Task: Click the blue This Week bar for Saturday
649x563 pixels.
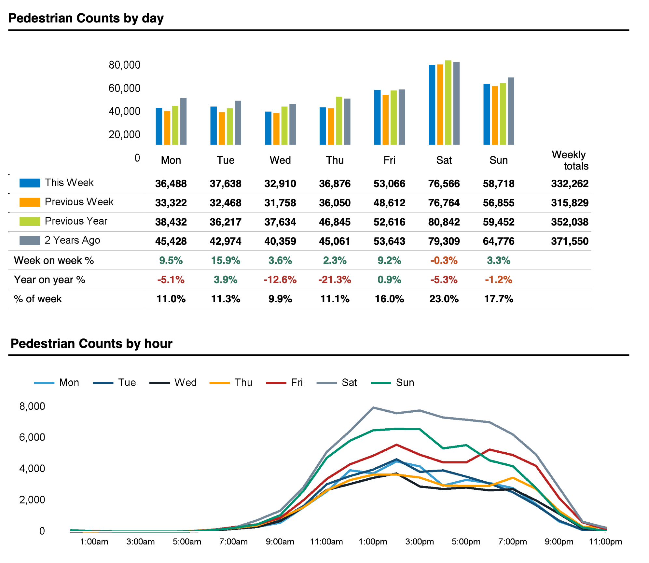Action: coord(432,105)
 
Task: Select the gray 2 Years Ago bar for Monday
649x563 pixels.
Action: coord(183,121)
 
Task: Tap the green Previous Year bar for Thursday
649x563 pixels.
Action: coord(339,121)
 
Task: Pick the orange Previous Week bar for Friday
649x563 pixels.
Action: coord(385,120)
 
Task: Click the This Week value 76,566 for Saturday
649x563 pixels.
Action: coord(444,184)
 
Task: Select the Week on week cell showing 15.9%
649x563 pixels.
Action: coord(226,260)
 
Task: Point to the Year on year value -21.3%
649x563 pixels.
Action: coord(335,280)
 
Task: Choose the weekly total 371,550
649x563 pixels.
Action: coord(570,241)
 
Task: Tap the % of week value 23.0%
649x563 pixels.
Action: coord(444,299)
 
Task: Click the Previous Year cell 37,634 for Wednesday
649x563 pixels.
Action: coord(280,222)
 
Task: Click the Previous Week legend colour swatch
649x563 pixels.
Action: coord(30,202)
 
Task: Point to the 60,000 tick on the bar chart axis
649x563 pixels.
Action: coord(124,88)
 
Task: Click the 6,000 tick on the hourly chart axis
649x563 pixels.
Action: coord(32,437)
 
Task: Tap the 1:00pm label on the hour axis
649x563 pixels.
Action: coord(373,542)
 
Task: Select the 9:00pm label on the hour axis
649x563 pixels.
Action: coord(559,542)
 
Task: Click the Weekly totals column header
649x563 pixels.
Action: coord(570,160)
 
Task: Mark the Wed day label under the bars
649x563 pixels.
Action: coord(280,160)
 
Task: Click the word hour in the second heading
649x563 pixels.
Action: coord(158,344)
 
